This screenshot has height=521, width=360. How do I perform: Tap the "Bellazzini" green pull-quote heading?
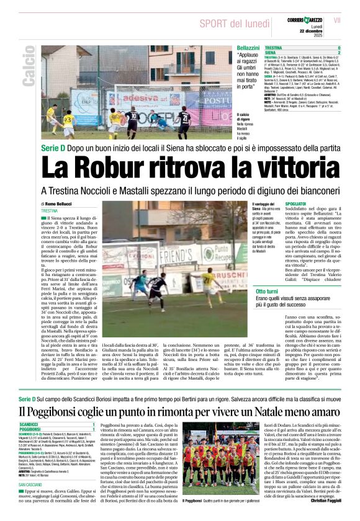pos(248,48)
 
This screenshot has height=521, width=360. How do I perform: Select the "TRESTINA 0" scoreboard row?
pos(303,48)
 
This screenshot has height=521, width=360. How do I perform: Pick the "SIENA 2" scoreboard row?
pos(303,53)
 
